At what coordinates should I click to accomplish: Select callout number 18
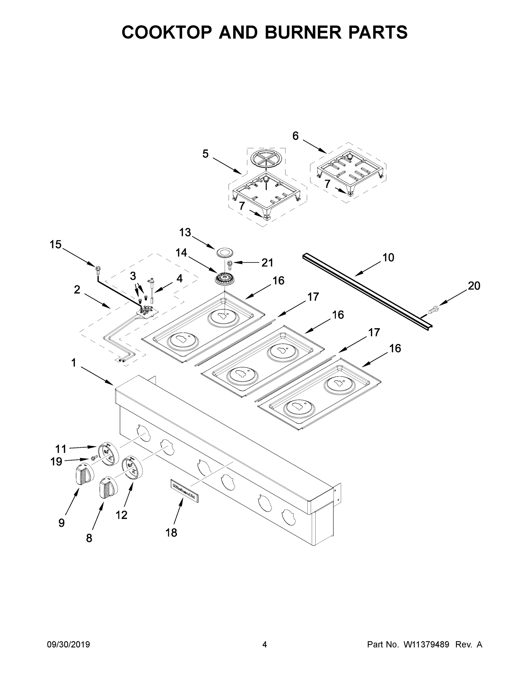tap(171, 532)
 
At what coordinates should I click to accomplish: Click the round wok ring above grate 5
tap(266, 159)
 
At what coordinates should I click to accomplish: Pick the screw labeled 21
tap(230, 265)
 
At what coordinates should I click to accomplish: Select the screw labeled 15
tap(97, 269)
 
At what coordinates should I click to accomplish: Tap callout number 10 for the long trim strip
tap(388, 257)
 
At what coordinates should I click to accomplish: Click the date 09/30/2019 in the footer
tap(68, 644)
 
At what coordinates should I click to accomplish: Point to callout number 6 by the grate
tap(295, 136)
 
